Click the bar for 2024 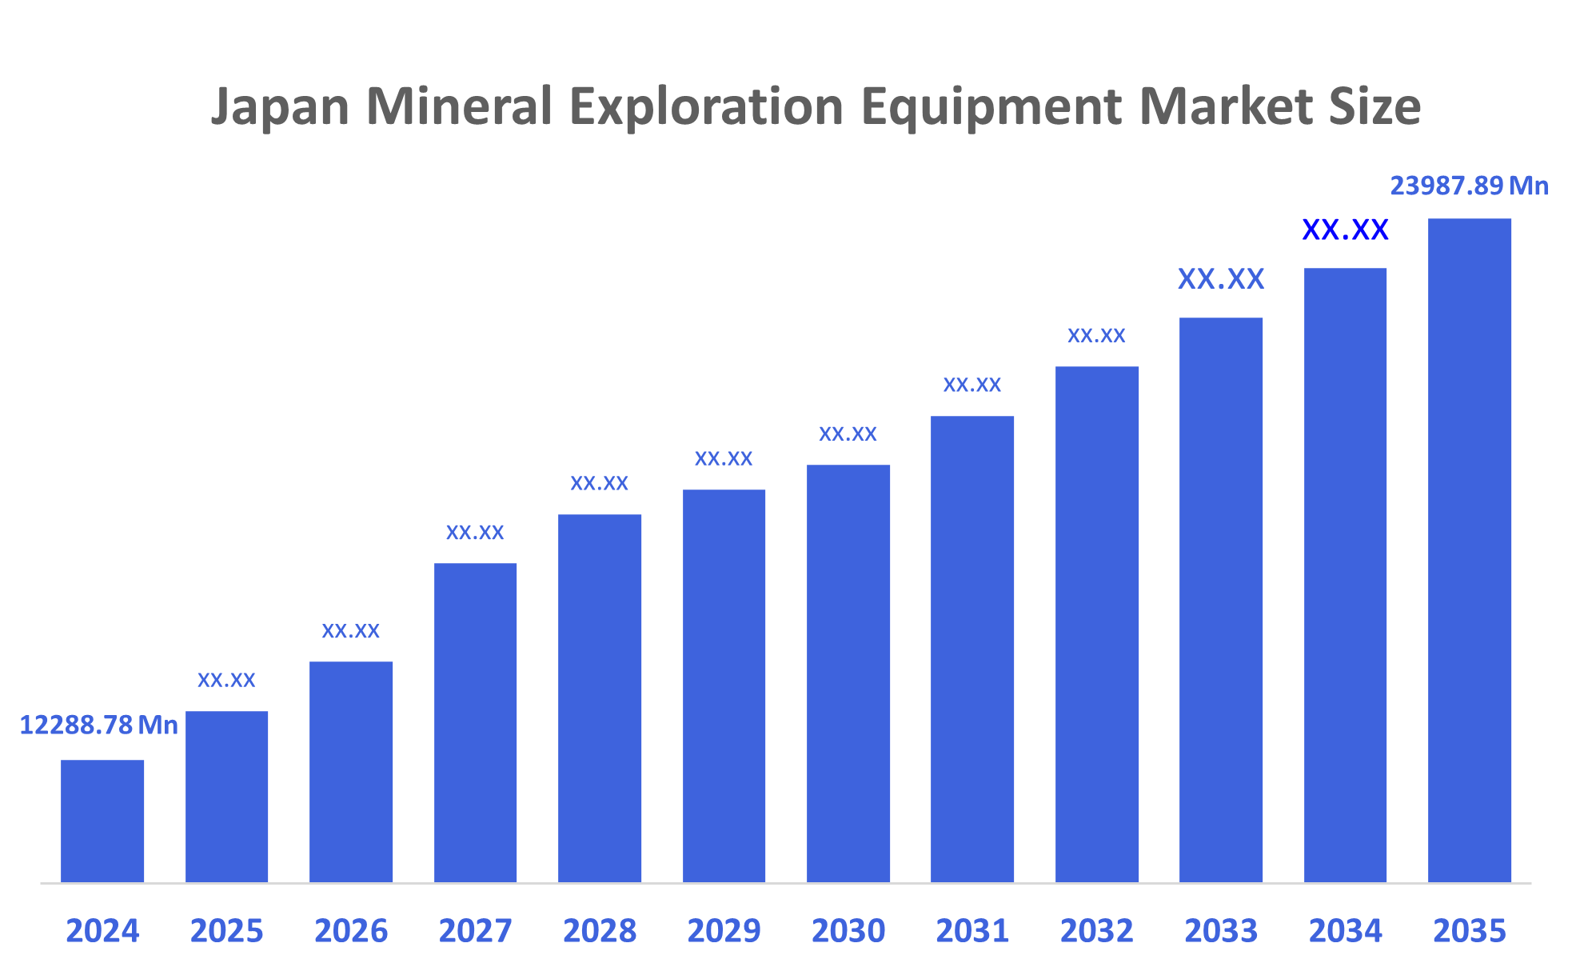coord(102,821)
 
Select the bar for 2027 coord(475,722)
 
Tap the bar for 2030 coord(848,673)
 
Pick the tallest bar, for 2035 coord(1469,550)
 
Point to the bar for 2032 coord(1096,624)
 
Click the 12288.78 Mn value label coord(98,725)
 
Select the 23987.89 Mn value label coord(1469,186)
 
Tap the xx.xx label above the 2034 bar coord(1345,230)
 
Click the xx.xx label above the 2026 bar coord(350,631)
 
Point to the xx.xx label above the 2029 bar coord(724,459)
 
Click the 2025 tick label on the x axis coord(226,931)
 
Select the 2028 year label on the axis coord(600,931)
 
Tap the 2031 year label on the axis coord(972,931)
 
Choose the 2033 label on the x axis coord(1221,931)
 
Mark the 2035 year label coord(1469,931)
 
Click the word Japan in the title coord(280,107)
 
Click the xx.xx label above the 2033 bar coord(1221,279)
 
